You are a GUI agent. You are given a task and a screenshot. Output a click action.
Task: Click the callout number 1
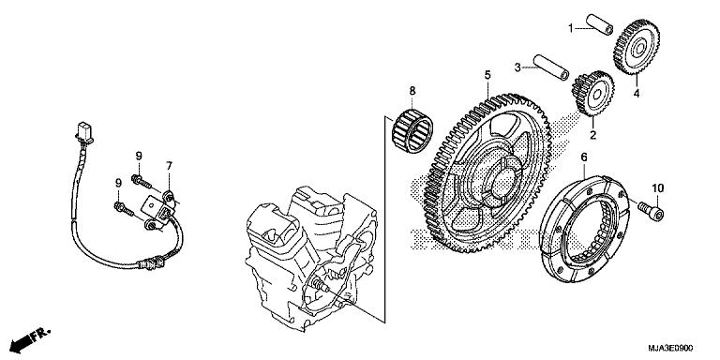pyautogui.click(x=569, y=29)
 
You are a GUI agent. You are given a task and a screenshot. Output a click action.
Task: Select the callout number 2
pyautogui.click(x=592, y=134)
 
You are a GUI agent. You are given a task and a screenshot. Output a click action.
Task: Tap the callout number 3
pyautogui.click(x=517, y=67)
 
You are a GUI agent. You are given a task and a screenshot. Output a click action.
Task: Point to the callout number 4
pyautogui.click(x=636, y=94)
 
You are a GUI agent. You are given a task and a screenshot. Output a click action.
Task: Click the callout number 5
pyautogui.click(x=487, y=74)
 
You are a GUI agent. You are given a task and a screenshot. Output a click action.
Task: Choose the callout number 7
pyautogui.click(x=170, y=167)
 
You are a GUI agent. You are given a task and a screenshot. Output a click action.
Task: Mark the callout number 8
pyautogui.click(x=411, y=90)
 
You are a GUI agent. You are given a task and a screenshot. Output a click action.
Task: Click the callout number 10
pyautogui.click(x=657, y=188)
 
